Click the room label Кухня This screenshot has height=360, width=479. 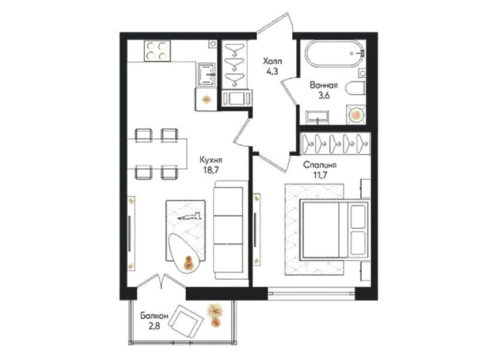[x=211, y=160]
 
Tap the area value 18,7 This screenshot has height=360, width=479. [x=211, y=170]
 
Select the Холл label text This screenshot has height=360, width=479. [x=273, y=62]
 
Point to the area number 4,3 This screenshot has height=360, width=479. [x=273, y=72]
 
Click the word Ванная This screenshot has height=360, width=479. [x=323, y=85]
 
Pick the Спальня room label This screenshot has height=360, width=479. [x=320, y=165]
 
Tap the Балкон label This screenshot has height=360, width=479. [x=154, y=316]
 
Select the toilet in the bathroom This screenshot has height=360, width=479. [x=356, y=88]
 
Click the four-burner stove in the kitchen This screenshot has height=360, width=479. [x=157, y=51]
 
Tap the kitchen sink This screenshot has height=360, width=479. [x=206, y=74]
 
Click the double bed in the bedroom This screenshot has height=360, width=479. [x=335, y=229]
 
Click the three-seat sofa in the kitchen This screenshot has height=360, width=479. [x=229, y=229]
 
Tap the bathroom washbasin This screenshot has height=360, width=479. [x=318, y=117]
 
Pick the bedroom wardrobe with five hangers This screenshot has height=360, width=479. [x=335, y=143]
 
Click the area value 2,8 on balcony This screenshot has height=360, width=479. [x=154, y=326]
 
